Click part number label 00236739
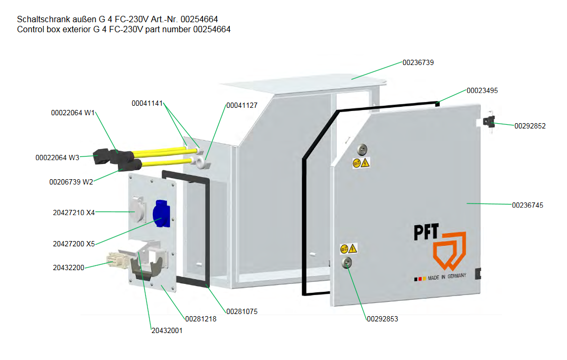[418, 62]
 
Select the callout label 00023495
[482, 90]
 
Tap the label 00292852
[530, 126]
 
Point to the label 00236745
[527, 205]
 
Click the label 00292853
[382, 319]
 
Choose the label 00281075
[241, 312]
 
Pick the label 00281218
[200, 319]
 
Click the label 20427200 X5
[73, 244]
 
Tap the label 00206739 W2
[71, 182]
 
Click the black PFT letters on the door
[426, 233]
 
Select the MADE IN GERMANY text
[447, 277]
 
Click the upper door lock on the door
[362, 150]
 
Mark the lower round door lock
[347, 263]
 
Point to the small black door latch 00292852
[490, 123]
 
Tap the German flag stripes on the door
[420, 279]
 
